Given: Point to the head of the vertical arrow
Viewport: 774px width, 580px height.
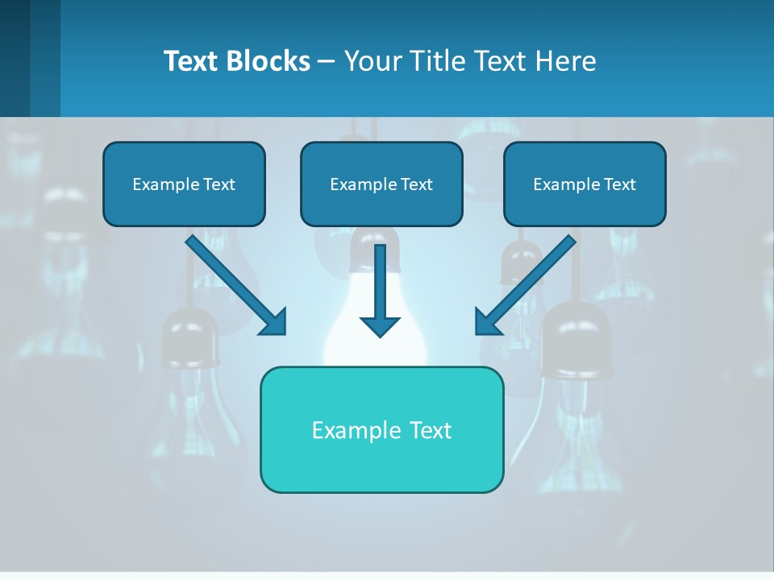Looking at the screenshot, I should click(x=380, y=326).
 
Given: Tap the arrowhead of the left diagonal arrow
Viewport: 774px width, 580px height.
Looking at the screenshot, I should click(x=274, y=322).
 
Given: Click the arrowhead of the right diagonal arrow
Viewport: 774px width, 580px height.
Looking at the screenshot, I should click(x=487, y=322).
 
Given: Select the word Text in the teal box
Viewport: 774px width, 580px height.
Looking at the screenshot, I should click(x=431, y=430).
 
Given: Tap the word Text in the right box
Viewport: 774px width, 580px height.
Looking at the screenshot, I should click(x=619, y=184).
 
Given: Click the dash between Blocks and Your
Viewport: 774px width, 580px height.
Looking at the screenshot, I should click(x=327, y=62).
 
